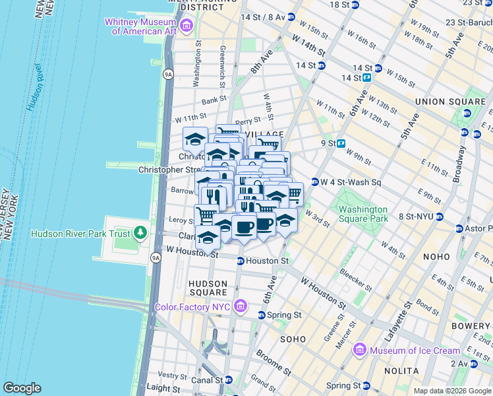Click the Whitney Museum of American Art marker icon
(x=187, y=26)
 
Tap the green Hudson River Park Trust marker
(x=140, y=233)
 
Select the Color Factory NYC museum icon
(x=241, y=307)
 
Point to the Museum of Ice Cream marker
(x=360, y=350)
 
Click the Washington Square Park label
(x=363, y=215)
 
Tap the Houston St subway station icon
(x=241, y=261)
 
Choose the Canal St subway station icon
(x=229, y=380)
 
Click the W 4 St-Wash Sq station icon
(x=315, y=181)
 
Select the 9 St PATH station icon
(x=341, y=143)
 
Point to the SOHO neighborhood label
(x=293, y=339)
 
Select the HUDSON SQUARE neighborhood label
(x=208, y=288)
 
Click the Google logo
(x=22, y=388)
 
